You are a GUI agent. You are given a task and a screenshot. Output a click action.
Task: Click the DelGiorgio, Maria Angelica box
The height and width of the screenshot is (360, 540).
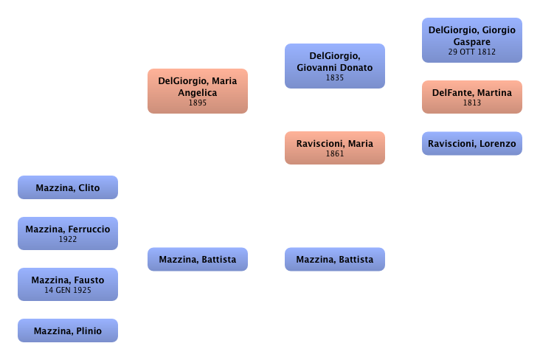[x=197, y=91]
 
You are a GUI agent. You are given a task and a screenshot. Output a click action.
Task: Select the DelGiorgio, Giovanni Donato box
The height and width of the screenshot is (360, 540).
[x=334, y=66]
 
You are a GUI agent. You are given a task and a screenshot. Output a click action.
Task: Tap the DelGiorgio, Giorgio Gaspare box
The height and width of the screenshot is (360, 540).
[x=471, y=40]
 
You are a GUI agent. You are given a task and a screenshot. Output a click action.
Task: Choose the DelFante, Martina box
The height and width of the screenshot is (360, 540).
[x=471, y=97]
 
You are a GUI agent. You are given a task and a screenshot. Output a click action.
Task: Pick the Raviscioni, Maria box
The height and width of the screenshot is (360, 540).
[x=334, y=148]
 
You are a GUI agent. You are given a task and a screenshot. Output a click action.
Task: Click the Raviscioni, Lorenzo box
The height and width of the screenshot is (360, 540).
[x=471, y=143]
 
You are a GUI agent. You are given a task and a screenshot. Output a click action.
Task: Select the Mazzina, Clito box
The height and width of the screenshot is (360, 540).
[x=67, y=187]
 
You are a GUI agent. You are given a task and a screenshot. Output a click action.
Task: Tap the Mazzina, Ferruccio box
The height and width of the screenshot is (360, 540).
[x=67, y=234]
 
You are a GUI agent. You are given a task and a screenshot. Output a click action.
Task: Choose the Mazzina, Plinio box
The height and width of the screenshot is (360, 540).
[x=67, y=330]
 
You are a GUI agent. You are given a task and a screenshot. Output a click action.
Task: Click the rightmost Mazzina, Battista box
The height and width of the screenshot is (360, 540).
[x=334, y=260]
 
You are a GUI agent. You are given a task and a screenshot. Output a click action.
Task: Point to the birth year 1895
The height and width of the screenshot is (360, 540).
[x=197, y=103]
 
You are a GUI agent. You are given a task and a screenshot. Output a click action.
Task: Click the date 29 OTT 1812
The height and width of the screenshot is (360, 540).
[x=471, y=52]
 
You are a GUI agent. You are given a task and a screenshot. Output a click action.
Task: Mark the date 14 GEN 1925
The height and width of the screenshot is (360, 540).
[x=67, y=291]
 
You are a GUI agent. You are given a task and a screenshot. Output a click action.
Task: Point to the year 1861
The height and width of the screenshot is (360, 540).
[x=334, y=154]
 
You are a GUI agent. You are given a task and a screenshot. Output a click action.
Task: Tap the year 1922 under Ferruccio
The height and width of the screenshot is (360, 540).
[x=67, y=240]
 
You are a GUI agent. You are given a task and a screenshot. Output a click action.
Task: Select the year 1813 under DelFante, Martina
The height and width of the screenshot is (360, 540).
[x=471, y=103]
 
